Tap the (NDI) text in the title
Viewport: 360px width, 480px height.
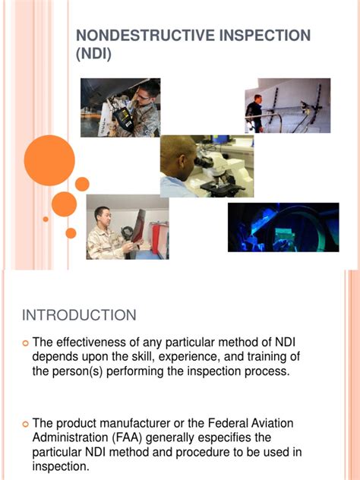pyautogui.click(x=93, y=54)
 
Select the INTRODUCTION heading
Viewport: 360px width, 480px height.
pyautogui.click(x=79, y=315)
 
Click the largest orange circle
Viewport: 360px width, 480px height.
pyautogui.click(x=49, y=159)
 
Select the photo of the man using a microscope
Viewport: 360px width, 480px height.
pyautogui.click(x=207, y=166)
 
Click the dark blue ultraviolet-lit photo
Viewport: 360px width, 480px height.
pyautogui.click(x=283, y=227)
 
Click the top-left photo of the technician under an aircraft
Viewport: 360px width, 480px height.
pyautogui.click(x=120, y=107)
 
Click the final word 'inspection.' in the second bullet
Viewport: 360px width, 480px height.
pyautogui.click(x=61, y=467)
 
